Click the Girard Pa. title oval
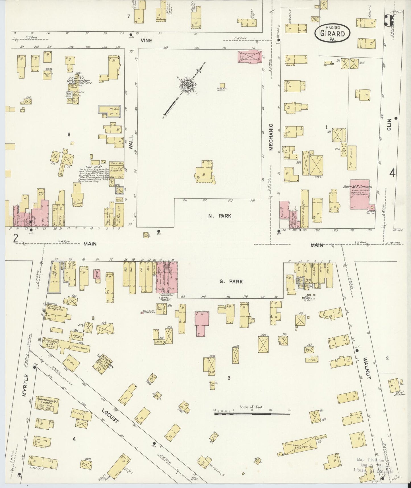332,34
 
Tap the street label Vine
146,40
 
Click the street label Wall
131,142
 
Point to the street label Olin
389,124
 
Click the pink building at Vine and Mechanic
249,56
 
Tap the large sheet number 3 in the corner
388,20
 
